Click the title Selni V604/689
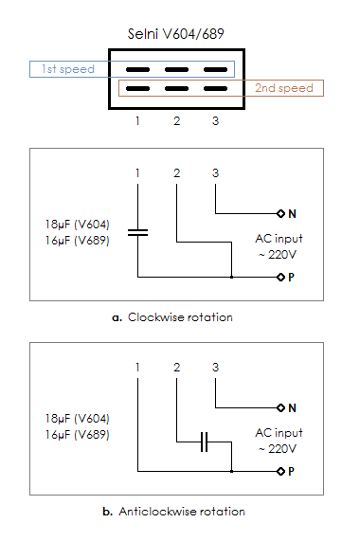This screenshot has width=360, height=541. point(176,34)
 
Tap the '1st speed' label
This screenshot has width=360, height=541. point(68,69)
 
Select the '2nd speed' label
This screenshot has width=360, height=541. point(284,88)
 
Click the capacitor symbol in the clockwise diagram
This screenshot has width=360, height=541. point(137,232)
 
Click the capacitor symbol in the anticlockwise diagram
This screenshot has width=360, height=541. point(204,442)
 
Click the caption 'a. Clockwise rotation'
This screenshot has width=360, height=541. point(172,317)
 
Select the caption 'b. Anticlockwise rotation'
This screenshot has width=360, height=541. point(173,512)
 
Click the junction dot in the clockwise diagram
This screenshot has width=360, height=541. point(232,277)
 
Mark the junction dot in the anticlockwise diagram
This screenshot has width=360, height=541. point(232,471)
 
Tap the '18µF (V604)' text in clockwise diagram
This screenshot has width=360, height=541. point(78,225)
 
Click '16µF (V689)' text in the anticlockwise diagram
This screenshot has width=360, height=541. point(78,434)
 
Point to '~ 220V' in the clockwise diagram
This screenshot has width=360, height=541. point(278,255)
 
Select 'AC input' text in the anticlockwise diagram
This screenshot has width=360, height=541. point(279,433)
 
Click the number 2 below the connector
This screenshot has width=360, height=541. point(176,121)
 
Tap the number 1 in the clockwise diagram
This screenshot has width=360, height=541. point(137,173)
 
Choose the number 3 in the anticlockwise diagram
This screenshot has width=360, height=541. point(215,368)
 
